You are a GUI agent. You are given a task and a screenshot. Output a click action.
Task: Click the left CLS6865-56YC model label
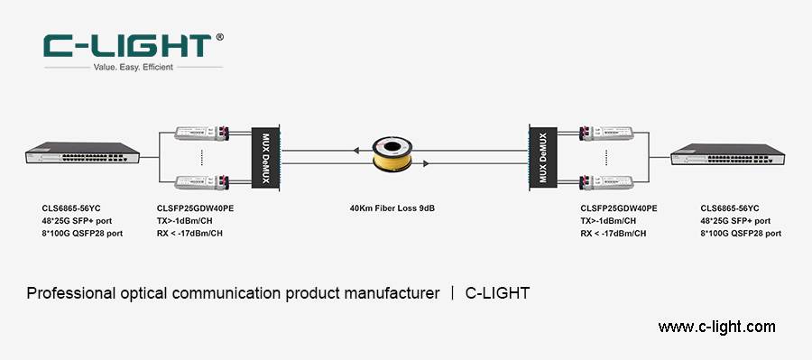[x=71, y=208]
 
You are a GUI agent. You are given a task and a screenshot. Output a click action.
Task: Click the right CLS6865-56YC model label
[x=730, y=208]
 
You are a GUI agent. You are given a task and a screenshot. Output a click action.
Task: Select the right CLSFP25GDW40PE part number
[x=618, y=208]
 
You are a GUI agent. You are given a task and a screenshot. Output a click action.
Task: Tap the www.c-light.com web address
[x=716, y=327]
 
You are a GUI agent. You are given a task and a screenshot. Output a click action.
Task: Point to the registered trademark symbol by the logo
[x=220, y=38]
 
